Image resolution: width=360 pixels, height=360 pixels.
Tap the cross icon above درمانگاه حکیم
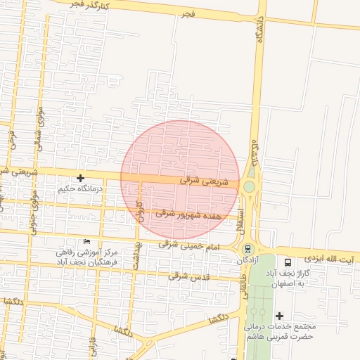coord(81,179)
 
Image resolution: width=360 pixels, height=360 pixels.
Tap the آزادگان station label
coord(247,260)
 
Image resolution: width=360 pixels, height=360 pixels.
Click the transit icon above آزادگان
coord(247,249)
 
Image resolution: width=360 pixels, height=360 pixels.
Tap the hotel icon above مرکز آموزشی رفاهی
coord(86,241)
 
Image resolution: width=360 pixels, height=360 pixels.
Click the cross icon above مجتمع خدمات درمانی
coord(280,316)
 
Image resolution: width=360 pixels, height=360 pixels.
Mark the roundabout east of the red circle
coord(248,186)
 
